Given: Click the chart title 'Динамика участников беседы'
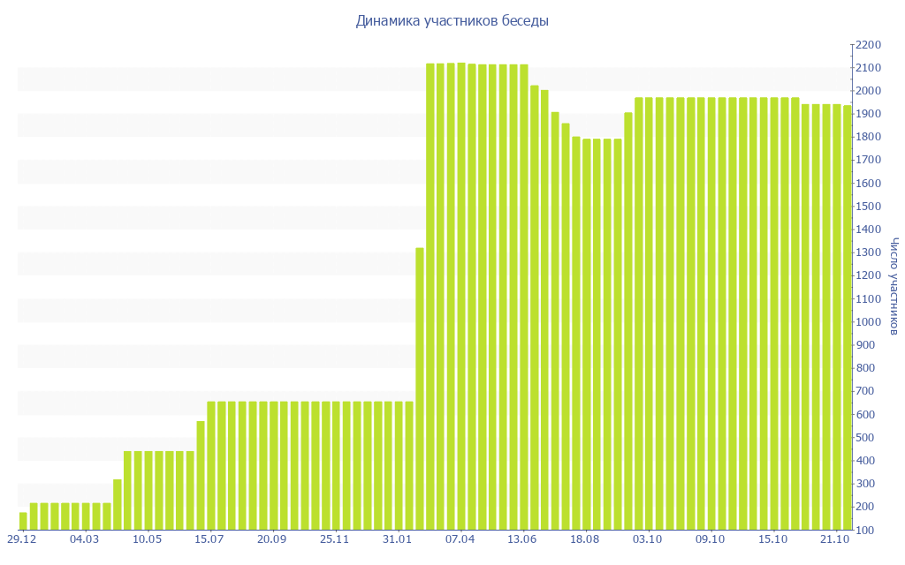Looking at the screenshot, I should point(452,21).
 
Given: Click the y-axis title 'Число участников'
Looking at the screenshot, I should point(894,287).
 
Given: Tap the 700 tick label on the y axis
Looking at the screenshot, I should point(866,391).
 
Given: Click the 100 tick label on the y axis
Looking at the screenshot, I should point(866,530).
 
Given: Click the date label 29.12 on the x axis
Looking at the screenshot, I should point(22,539).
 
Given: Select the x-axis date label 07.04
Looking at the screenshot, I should point(460,539).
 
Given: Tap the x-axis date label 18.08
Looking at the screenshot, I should point(586,539).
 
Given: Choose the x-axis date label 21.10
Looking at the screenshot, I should point(836,539).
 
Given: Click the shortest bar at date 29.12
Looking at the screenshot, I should point(23,521).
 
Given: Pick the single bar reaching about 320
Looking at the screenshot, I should point(118,504).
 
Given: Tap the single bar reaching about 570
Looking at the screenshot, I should point(201,475).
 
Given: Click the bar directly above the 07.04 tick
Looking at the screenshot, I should point(461,296).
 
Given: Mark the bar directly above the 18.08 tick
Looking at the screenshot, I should point(587,334).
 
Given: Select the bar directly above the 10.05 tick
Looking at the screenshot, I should point(148,490).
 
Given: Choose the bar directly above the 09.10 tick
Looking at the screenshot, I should point(711,313).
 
